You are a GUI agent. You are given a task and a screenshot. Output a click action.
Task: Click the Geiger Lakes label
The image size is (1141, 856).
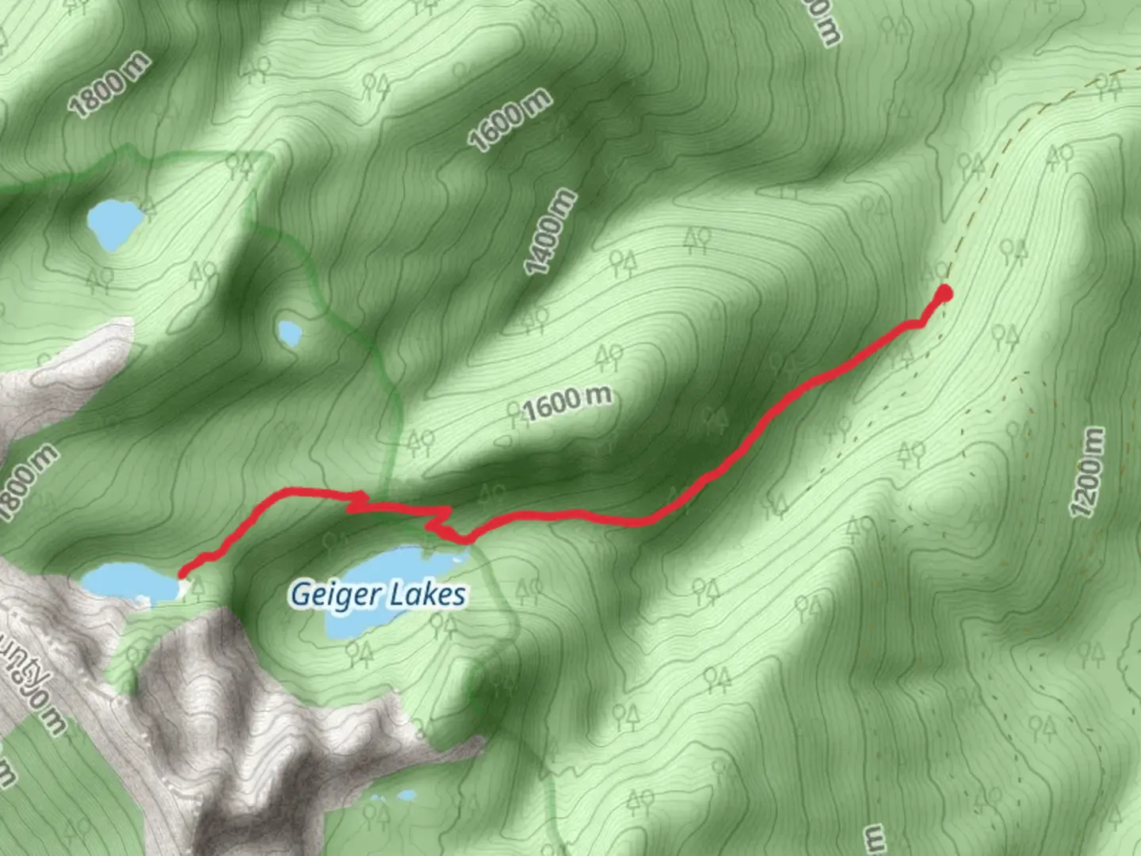[x=378, y=594]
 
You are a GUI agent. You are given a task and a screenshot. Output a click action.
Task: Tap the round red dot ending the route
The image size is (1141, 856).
[x=944, y=294]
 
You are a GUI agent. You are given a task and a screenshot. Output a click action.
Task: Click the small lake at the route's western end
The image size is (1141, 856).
[x=131, y=583]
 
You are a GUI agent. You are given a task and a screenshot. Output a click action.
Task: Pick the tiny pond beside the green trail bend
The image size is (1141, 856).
[x=289, y=332]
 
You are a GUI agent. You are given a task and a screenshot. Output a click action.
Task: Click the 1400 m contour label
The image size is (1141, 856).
[x=551, y=232]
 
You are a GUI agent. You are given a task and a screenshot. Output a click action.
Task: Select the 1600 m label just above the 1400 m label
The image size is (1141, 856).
[x=509, y=120]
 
